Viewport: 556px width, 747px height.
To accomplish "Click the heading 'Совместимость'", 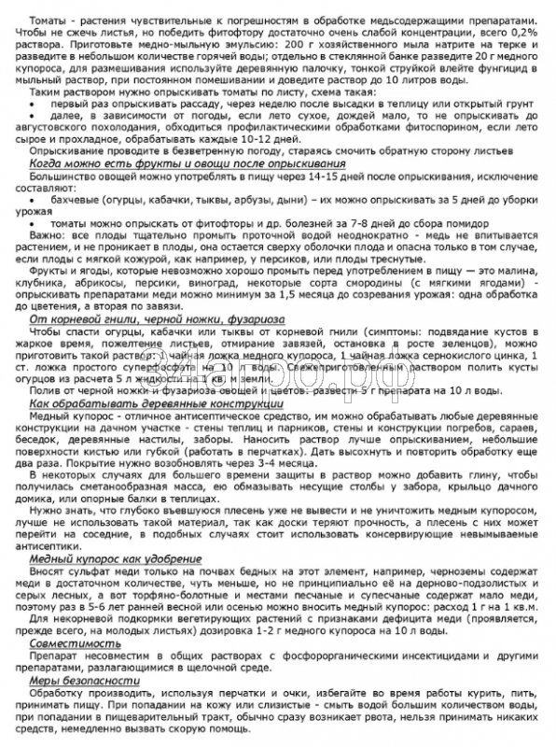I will [65, 670].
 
